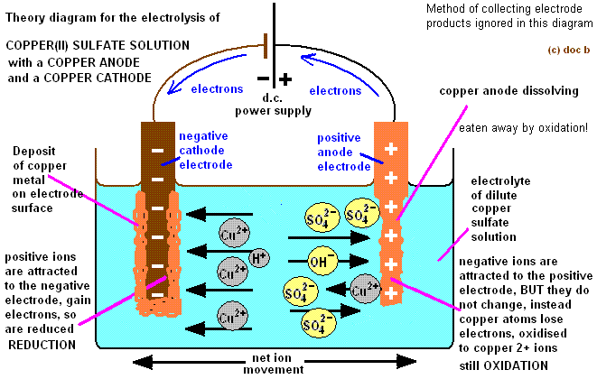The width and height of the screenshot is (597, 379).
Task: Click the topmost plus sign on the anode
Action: click(390, 148)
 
